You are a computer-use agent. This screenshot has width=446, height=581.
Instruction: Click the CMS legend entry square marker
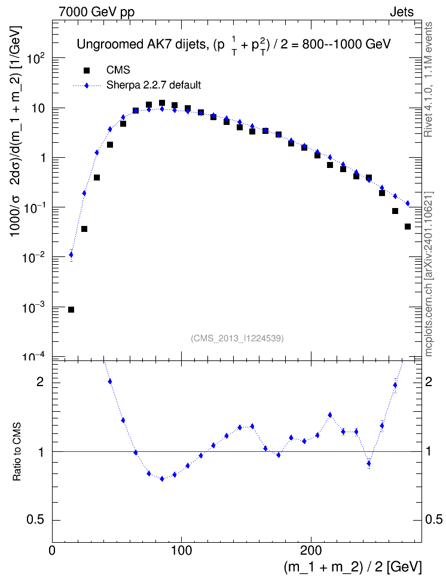[87, 70]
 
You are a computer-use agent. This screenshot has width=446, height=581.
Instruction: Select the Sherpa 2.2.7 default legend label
[154, 85]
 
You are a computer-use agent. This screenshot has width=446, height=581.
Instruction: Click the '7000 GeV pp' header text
[96, 12]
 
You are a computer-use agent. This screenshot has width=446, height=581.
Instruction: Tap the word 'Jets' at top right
[402, 12]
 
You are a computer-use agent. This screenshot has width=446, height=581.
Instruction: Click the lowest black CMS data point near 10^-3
[71, 310]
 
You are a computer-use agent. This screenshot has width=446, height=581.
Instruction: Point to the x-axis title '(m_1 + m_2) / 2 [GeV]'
[353, 567]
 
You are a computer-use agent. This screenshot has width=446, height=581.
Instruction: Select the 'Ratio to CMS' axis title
[17, 452]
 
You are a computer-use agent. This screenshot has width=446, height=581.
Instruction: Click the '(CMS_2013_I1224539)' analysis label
[237, 338]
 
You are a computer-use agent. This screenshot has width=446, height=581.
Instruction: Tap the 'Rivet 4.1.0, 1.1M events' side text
[428, 79]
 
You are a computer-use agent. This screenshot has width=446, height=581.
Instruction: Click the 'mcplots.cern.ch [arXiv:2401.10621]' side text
[428, 274]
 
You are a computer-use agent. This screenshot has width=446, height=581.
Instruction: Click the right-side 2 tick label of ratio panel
[429, 382]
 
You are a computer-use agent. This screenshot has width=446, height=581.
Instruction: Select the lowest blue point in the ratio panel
[161, 479]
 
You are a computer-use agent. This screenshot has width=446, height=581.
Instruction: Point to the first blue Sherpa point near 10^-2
[71, 255]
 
